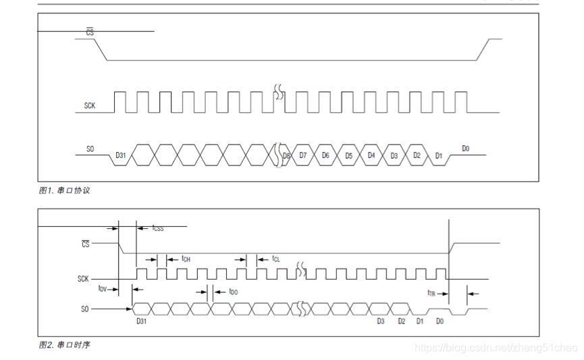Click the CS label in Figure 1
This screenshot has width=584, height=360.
89,32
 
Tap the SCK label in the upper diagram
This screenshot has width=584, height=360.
90,106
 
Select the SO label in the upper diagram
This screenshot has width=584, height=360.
90,149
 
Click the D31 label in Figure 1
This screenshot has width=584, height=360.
121,155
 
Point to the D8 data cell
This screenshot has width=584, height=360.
286,155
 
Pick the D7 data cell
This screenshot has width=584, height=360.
303,155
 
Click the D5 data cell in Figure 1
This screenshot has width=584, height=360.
348,155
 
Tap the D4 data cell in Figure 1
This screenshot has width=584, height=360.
371,155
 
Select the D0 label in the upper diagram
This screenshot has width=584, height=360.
466,149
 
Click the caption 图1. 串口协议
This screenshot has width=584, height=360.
64,190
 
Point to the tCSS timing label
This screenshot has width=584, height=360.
157,228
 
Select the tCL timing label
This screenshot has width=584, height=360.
276,259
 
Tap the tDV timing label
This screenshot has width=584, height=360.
103,288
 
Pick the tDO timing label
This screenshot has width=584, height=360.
234,292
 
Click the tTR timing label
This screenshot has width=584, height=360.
432,293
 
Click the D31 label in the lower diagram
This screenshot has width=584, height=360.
142,322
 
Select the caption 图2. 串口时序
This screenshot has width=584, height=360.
64,345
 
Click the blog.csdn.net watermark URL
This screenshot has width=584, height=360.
496,348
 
